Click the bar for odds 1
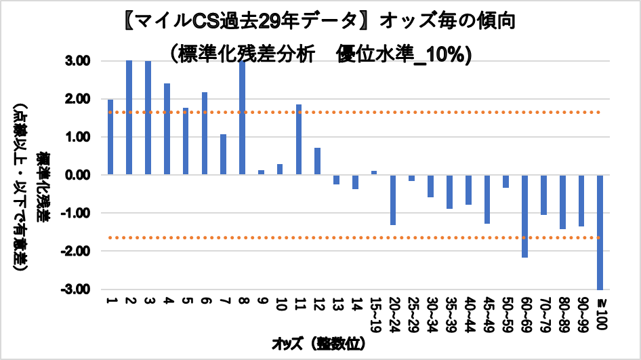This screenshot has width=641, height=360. coord(110,137)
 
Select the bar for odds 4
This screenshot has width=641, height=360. coord(167,129)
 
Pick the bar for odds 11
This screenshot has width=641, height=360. coord(299,140)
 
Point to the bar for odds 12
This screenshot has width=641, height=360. coord(318,161)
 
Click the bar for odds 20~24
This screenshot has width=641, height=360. coord(393,200)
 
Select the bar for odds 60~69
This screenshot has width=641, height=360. coord(524,216)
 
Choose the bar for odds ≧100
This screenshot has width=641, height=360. coord(600,232)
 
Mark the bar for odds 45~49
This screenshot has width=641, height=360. coord(487,199)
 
